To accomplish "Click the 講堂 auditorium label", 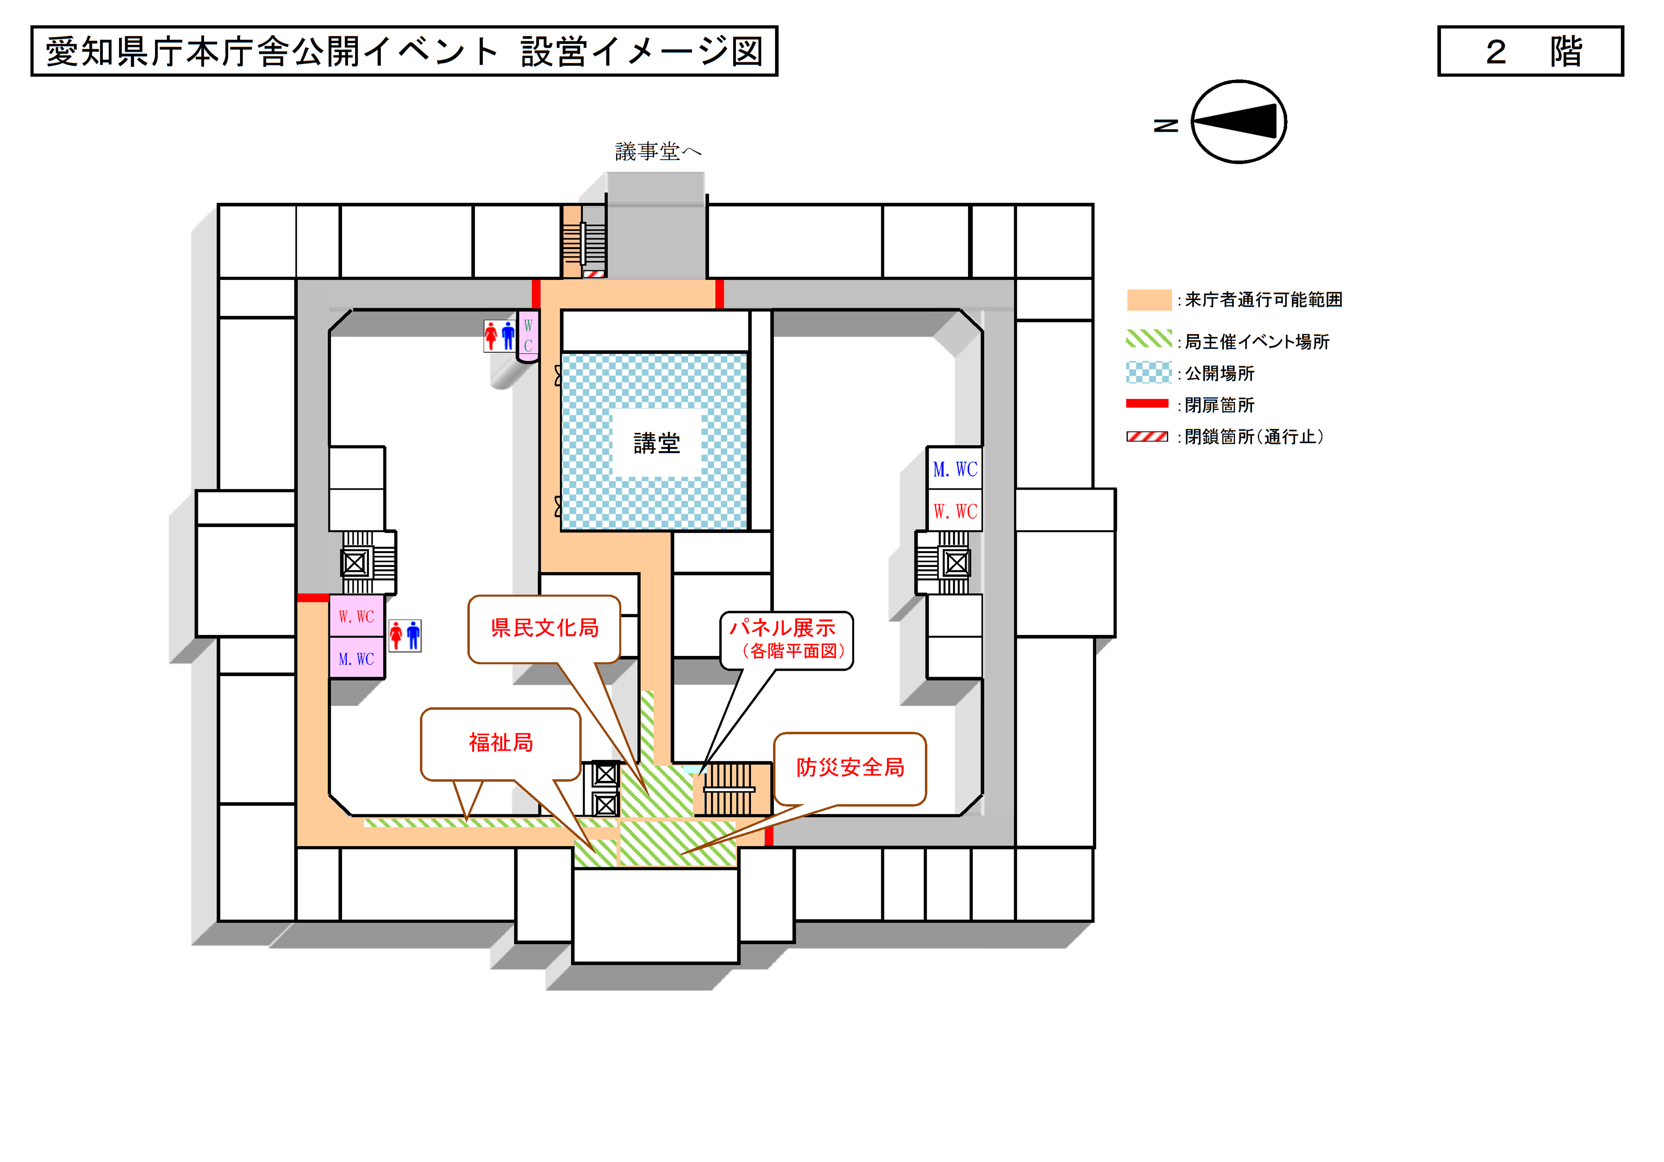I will click(x=656, y=443).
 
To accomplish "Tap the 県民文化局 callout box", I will click(x=544, y=628).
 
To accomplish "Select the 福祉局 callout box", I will click(x=501, y=743).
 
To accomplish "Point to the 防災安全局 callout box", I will click(x=850, y=768).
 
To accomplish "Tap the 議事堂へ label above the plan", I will click(x=657, y=151).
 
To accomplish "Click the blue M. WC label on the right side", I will click(x=955, y=469).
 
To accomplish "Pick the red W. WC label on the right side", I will click(x=955, y=511).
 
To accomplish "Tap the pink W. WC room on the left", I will click(x=356, y=616).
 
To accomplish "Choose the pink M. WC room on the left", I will click(x=356, y=658).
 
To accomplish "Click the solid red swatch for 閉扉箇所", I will click(x=1147, y=404).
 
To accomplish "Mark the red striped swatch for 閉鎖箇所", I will click(x=1147, y=436).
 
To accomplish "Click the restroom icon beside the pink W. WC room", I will click(x=405, y=636).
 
